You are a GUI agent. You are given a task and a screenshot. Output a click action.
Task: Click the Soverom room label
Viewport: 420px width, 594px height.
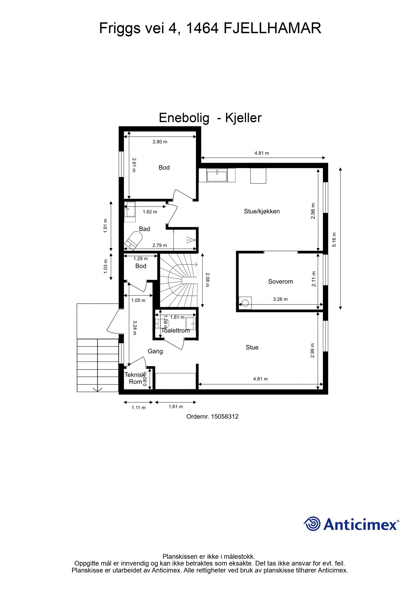click(280, 282)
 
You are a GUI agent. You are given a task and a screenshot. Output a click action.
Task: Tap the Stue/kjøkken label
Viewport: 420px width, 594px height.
click(261, 211)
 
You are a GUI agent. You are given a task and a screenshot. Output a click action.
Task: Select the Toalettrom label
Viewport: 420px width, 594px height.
click(175, 330)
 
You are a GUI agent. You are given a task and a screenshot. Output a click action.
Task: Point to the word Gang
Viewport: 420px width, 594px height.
click(155, 351)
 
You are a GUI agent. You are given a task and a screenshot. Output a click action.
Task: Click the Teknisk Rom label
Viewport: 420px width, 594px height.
click(134, 378)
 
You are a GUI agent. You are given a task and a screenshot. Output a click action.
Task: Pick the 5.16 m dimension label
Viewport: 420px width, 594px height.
click(334, 240)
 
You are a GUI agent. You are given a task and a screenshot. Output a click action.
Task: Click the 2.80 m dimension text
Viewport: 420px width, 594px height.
click(160, 142)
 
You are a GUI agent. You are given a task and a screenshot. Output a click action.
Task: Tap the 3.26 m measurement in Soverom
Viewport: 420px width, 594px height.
click(280, 299)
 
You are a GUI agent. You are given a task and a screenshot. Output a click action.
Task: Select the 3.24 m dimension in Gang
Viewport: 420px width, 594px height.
click(134, 328)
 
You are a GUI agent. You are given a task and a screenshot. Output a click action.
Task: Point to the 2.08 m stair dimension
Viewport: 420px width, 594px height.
click(207, 280)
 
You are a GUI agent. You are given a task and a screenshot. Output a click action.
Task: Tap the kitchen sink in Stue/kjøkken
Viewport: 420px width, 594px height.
click(217, 175)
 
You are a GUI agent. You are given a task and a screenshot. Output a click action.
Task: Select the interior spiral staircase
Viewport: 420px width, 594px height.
click(178, 280)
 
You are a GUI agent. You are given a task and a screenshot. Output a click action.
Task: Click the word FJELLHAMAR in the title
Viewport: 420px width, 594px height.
click(272, 28)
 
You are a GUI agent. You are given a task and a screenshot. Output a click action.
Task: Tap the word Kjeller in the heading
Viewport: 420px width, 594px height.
click(243, 118)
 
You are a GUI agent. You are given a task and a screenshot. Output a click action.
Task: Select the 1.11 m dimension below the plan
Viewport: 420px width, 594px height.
click(138, 408)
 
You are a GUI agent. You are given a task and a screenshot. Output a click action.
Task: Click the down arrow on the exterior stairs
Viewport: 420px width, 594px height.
click(98, 389)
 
